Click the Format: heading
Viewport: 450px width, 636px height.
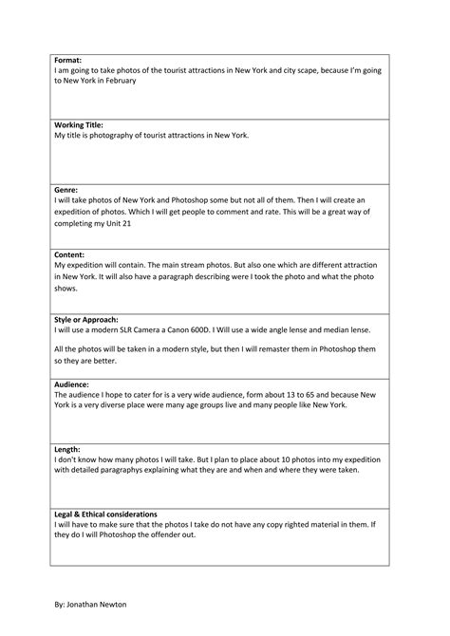(x=68, y=59)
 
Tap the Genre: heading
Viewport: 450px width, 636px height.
(x=66, y=190)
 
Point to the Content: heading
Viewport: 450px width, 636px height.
(x=70, y=255)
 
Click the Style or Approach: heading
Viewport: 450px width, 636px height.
(x=86, y=320)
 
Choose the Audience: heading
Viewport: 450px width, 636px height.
(x=74, y=384)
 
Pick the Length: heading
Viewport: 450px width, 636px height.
(x=68, y=450)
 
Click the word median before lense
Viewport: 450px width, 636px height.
(x=347, y=329)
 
